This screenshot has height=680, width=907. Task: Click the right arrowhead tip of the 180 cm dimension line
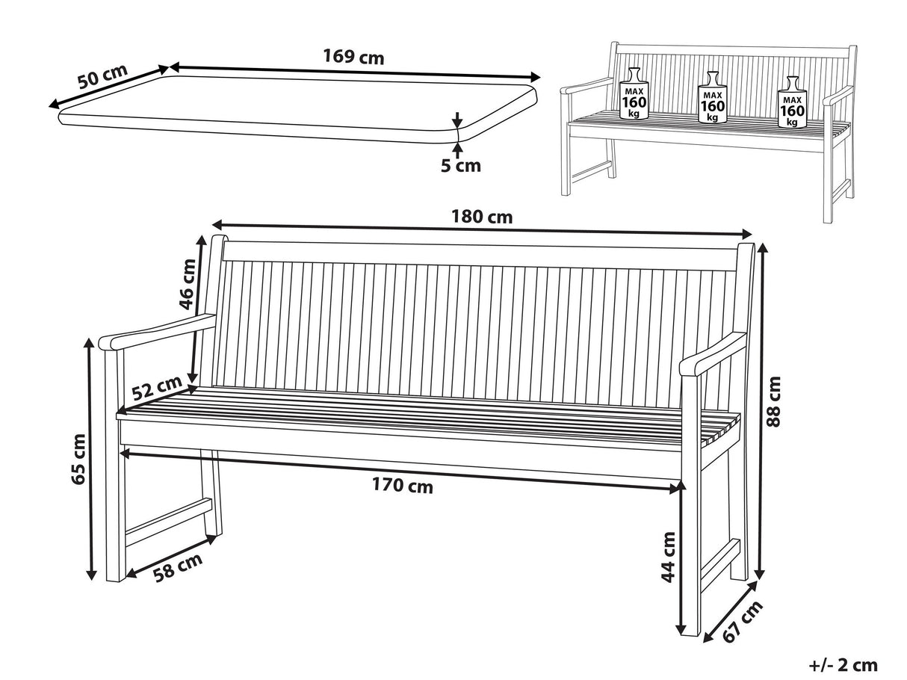pos(752,235)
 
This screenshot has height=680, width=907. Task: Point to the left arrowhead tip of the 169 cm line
pos(170,67)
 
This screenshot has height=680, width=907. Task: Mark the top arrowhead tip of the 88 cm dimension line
pos(762,244)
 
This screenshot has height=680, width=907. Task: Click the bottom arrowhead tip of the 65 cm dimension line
pos(91,580)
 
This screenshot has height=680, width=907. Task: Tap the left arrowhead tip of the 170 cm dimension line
pos(120,453)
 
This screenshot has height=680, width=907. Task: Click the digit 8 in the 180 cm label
pos(468,217)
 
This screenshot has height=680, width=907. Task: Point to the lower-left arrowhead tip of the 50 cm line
pos(49,108)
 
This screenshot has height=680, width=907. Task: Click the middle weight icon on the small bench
pos(712,97)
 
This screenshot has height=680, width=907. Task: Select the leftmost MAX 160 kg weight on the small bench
pos(634,93)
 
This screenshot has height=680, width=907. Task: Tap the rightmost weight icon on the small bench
pos(792,102)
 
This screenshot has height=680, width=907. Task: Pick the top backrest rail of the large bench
pos(480,256)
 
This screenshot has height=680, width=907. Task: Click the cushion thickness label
pos(461,166)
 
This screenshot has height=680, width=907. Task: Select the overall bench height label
pos(773,401)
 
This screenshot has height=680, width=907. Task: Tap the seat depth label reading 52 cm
pos(157,388)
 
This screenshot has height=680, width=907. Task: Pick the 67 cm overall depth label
pos(742,622)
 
